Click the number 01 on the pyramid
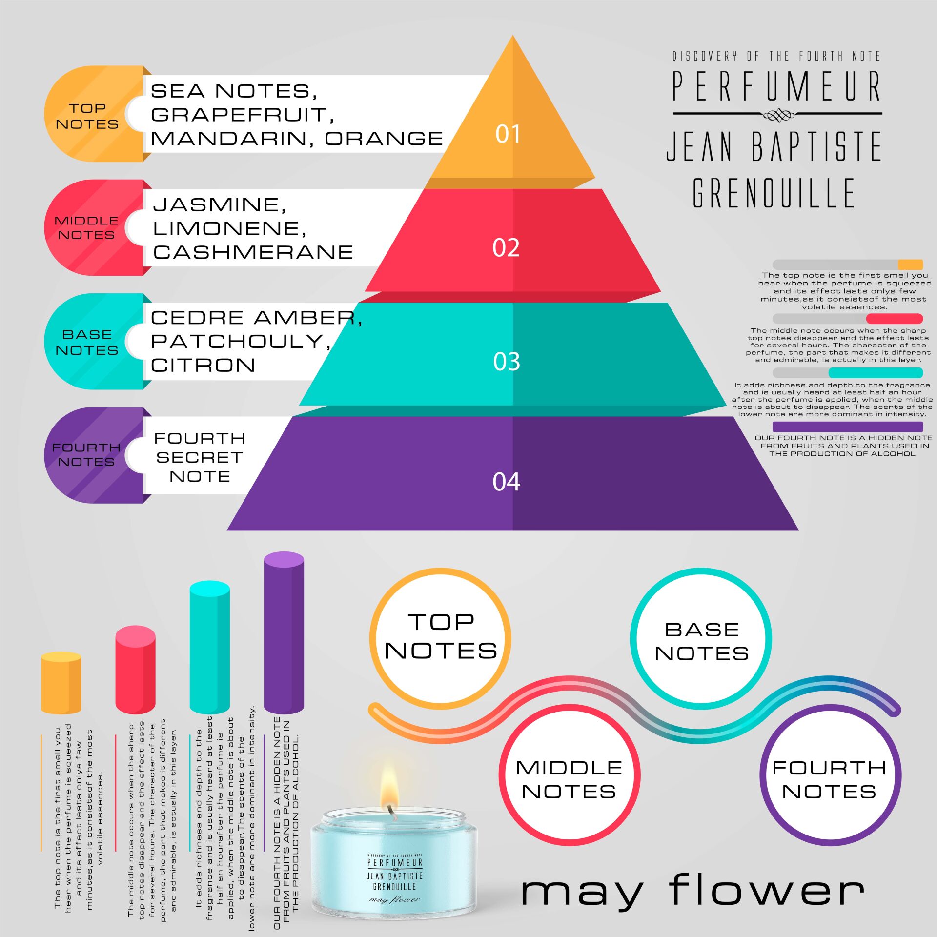click(x=508, y=134)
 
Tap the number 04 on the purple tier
click(x=506, y=482)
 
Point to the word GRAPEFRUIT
click(x=242, y=115)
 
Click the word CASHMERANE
click(x=253, y=252)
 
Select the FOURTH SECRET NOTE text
click(x=199, y=457)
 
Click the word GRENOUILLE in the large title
click(x=774, y=193)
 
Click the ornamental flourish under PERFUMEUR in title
click(x=778, y=115)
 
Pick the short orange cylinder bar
click(x=61, y=683)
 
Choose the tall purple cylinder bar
click(x=284, y=632)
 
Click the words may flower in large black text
click(x=693, y=891)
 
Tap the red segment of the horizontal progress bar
click(x=894, y=319)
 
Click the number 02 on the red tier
click(x=506, y=248)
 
